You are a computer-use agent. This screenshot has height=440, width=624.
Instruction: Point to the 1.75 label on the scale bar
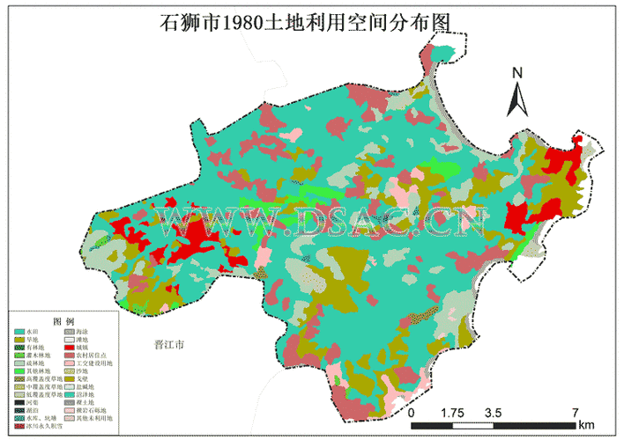(x=451, y=412)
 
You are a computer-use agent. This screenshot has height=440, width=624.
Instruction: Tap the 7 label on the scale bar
(x=575, y=412)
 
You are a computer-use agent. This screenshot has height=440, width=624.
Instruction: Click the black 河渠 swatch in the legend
(x=19, y=402)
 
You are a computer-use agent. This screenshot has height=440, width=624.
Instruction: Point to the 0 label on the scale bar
(x=411, y=412)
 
